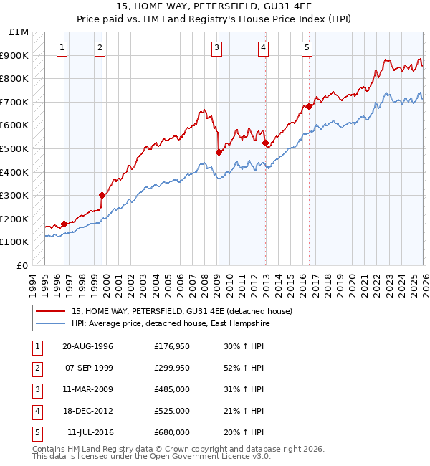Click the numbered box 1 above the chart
[x=62, y=48]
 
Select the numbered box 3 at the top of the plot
[x=216, y=48]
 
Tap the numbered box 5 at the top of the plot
[x=307, y=48]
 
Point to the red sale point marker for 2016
[x=310, y=106]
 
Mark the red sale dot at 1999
[x=102, y=195]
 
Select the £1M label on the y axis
[x=19, y=32]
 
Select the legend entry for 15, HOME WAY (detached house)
[x=181, y=312]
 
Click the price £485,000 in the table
[x=172, y=389]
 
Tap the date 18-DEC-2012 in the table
[x=88, y=411]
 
